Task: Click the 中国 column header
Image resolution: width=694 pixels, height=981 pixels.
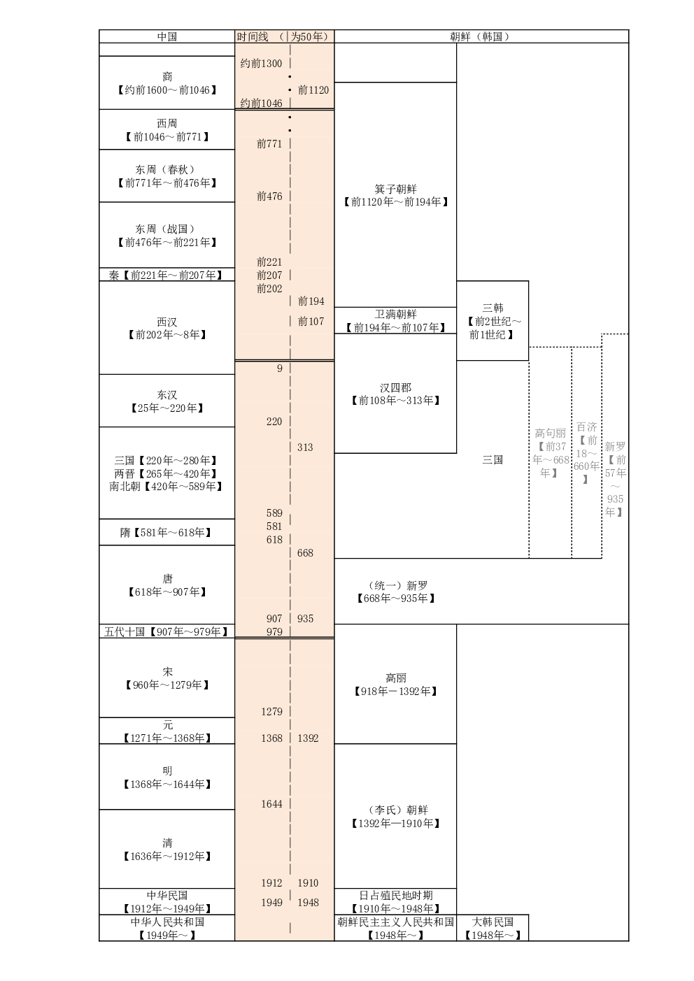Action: tap(167, 36)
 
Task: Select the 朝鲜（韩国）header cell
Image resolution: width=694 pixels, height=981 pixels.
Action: tap(481, 36)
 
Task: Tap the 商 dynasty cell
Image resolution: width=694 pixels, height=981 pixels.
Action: tap(167, 83)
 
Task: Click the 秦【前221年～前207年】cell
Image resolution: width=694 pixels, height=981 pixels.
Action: tap(167, 275)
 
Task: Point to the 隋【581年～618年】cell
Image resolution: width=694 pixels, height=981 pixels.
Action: tap(167, 533)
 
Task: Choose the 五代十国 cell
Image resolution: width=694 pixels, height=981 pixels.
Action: tap(167, 632)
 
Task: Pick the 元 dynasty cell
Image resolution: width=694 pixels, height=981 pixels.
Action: tap(167, 731)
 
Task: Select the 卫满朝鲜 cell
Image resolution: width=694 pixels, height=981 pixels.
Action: tap(395, 321)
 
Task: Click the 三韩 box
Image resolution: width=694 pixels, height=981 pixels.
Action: tap(493, 321)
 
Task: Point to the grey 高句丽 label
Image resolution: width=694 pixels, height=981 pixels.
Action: tap(551, 453)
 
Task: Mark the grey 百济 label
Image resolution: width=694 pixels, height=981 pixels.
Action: tap(586, 452)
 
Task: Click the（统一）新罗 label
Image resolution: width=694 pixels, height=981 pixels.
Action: tap(395, 592)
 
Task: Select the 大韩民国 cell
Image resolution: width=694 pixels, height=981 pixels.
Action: tap(493, 929)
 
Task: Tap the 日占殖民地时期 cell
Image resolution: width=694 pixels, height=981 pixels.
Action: tap(395, 902)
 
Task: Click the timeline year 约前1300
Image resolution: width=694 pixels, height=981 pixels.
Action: tap(261, 64)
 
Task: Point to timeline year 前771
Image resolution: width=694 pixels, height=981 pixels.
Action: tap(269, 143)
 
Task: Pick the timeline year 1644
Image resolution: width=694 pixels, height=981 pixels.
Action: tap(271, 804)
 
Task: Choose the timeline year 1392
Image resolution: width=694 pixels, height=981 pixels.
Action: tap(308, 738)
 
